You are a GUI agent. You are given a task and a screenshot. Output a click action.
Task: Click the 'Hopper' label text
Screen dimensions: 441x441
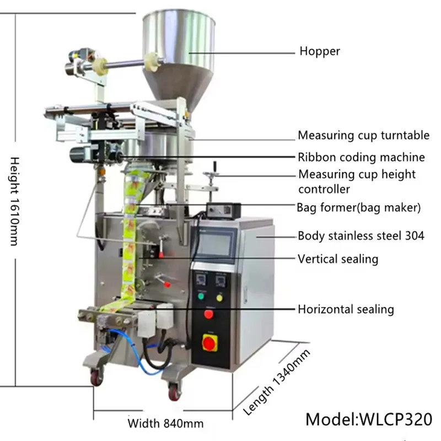click(320, 52)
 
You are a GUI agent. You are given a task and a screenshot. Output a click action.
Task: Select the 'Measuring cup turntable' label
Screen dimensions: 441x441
click(363, 135)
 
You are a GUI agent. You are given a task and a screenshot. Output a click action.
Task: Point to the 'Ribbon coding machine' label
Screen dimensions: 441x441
click(361, 157)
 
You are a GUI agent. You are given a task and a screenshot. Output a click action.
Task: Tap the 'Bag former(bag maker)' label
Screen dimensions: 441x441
click(358, 208)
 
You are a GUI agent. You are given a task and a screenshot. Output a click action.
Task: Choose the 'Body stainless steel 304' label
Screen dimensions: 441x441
click(361, 236)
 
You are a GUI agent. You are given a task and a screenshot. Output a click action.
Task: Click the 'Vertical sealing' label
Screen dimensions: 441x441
click(338, 259)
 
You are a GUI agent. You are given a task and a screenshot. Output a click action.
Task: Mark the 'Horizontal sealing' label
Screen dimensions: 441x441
click(346, 309)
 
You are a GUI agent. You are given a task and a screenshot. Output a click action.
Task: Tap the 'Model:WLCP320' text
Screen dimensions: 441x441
click(369, 417)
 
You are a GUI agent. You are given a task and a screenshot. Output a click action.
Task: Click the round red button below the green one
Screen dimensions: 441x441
click(208, 315)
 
